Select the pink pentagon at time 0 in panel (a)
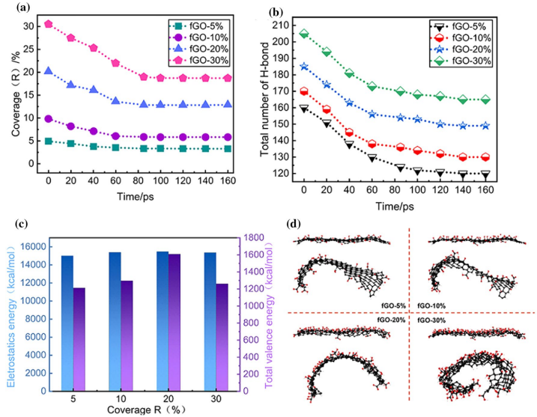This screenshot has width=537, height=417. click(49, 24)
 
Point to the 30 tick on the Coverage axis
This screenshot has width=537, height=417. click(29, 25)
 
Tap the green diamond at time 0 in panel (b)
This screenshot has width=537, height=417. click(304, 34)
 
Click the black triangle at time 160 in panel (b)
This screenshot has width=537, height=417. click(506, 174)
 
